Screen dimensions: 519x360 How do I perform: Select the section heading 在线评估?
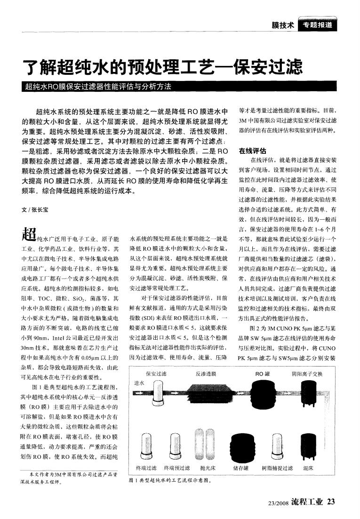click(x=252, y=152)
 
